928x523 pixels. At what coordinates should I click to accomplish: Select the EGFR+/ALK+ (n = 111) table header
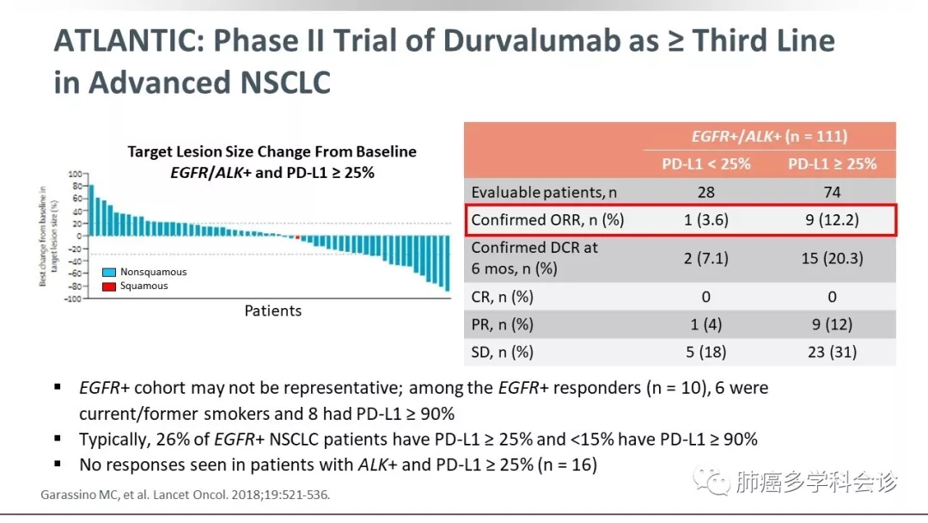click(769, 136)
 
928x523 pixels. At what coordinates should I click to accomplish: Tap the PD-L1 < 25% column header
click(706, 164)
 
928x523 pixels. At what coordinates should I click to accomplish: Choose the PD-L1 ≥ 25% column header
click(832, 164)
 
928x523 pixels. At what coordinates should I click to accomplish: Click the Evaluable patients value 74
click(832, 192)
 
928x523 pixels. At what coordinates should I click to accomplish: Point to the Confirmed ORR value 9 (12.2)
click(832, 220)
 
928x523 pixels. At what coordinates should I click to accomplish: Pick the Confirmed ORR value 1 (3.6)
click(706, 220)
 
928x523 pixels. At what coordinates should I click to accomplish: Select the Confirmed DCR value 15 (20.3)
click(832, 258)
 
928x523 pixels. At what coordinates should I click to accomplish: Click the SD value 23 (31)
click(832, 352)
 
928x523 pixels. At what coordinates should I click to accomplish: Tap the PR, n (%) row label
click(503, 324)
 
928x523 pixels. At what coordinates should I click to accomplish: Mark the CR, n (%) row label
click(503, 297)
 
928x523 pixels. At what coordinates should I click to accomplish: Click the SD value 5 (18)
click(706, 352)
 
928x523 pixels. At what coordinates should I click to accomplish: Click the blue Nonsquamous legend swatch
click(109, 272)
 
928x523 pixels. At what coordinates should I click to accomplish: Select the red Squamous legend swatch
click(109, 286)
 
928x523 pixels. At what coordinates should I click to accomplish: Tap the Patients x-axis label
click(273, 311)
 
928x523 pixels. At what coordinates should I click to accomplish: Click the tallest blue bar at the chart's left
click(91, 210)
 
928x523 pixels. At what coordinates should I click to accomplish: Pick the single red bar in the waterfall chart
click(297, 237)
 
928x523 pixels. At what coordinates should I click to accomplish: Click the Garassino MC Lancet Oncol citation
click(185, 495)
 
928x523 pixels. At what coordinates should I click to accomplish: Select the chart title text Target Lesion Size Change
click(272, 152)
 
